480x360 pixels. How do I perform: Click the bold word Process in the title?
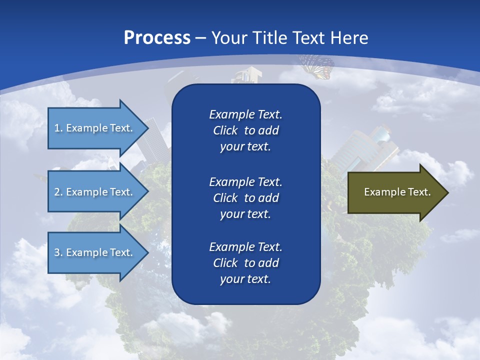157,38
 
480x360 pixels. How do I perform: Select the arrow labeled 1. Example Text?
95,128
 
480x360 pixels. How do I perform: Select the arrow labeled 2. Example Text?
95,192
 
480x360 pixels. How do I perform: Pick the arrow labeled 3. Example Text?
95,252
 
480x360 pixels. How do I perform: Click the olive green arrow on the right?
395,192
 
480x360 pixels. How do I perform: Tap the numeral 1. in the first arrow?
58,128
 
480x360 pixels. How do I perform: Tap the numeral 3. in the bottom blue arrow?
58,252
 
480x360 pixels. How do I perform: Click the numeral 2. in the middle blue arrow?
58,192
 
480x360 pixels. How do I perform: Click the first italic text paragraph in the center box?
245,130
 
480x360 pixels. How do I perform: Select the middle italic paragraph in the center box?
245,197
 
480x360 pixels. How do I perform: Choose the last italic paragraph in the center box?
245,263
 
